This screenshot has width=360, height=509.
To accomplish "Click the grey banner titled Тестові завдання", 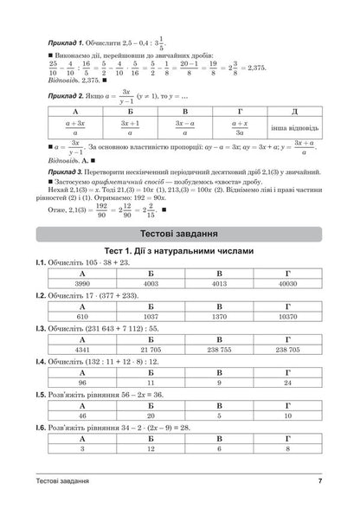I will pos(180,235).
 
